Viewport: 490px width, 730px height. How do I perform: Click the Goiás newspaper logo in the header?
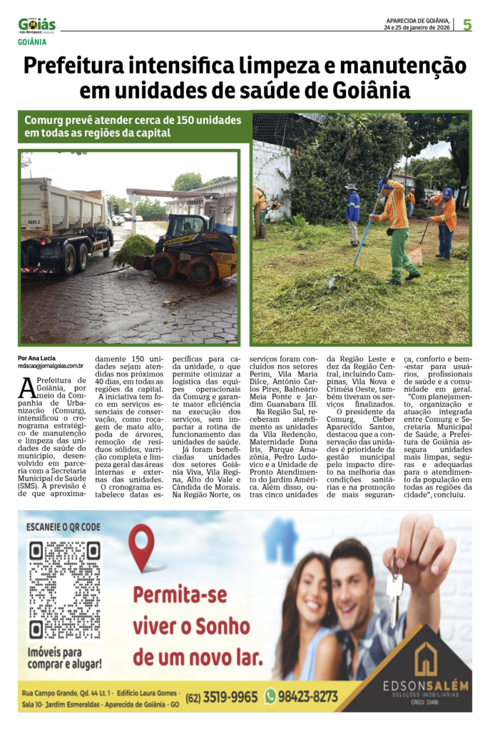37,26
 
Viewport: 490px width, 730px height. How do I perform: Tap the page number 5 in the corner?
467,25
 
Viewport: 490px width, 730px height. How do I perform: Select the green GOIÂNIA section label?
33,42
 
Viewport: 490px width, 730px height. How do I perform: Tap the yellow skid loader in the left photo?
192,246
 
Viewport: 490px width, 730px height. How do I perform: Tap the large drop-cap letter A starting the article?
26,388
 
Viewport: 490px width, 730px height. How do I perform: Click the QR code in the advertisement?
63,590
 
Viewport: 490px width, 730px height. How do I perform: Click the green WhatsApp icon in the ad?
270,696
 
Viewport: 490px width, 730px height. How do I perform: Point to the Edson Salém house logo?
426,659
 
